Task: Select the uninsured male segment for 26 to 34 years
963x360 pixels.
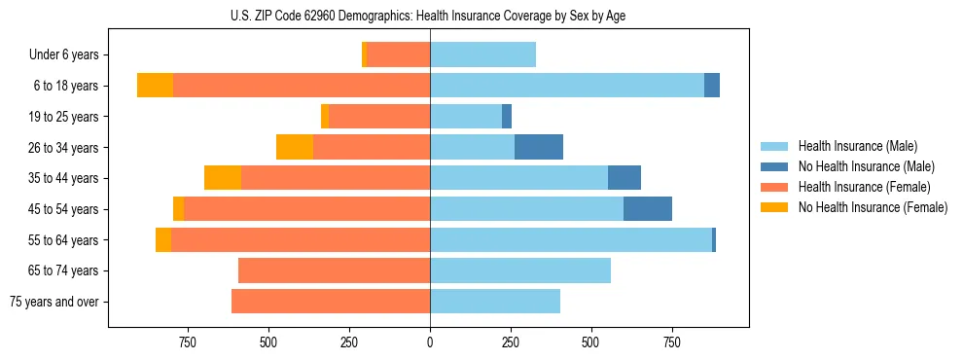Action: pyautogui.click(x=539, y=147)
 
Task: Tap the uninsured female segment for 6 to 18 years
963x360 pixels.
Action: pyautogui.click(x=155, y=86)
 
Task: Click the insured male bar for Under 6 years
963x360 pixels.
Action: pyautogui.click(x=482, y=55)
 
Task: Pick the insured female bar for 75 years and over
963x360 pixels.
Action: pyautogui.click(x=331, y=302)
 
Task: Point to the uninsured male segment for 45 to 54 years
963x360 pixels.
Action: pyautogui.click(x=648, y=209)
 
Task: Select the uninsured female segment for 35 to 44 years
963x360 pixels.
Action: pyautogui.click(x=223, y=178)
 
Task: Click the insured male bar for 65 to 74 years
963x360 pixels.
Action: pyautogui.click(x=520, y=270)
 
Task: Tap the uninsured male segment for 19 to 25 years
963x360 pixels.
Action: pyautogui.click(x=507, y=117)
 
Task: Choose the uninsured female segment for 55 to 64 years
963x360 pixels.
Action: pyautogui.click(x=163, y=240)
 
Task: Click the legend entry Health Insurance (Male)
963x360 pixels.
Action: pyautogui.click(x=858, y=146)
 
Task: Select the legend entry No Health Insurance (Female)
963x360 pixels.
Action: pyautogui.click(x=873, y=207)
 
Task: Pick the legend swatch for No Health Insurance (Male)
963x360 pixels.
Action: pyautogui.click(x=774, y=166)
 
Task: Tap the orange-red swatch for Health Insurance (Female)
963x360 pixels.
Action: pyautogui.click(x=774, y=187)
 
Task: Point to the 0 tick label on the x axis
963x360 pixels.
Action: pyautogui.click(x=430, y=342)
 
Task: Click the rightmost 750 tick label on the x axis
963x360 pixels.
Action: pyautogui.click(x=671, y=342)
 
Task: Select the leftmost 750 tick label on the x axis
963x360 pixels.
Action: pyautogui.click(x=188, y=342)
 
